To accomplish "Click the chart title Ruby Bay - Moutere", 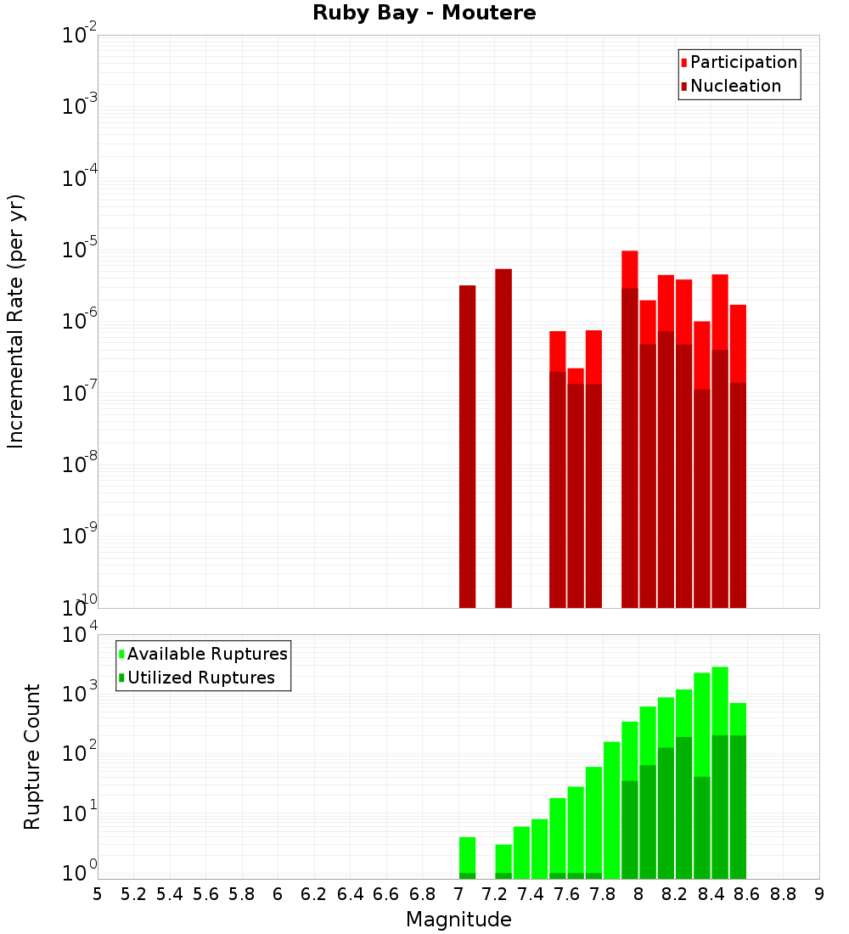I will pyautogui.click(x=424, y=14).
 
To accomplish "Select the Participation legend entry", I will pyautogui.click(x=743, y=62).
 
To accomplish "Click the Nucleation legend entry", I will pyautogui.click(x=734, y=86).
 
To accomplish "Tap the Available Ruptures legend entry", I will pyautogui.click(x=206, y=654).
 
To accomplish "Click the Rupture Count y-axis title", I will pyautogui.click(x=32, y=756).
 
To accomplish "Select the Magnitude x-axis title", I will pyautogui.click(x=458, y=920).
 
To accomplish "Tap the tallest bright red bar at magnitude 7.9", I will pyautogui.click(x=629, y=269).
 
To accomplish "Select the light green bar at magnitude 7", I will pyautogui.click(x=467, y=854).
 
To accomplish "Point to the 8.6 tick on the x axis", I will pyautogui.click(x=747, y=894).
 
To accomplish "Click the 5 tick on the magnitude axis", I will pyautogui.click(x=98, y=894).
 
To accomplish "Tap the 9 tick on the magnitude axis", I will pyautogui.click(x=819, y=894).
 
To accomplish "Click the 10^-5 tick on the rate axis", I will pyautogui.click(x=79, y=250).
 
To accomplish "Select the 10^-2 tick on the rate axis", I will pyautogui.click(x=79, y=36).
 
